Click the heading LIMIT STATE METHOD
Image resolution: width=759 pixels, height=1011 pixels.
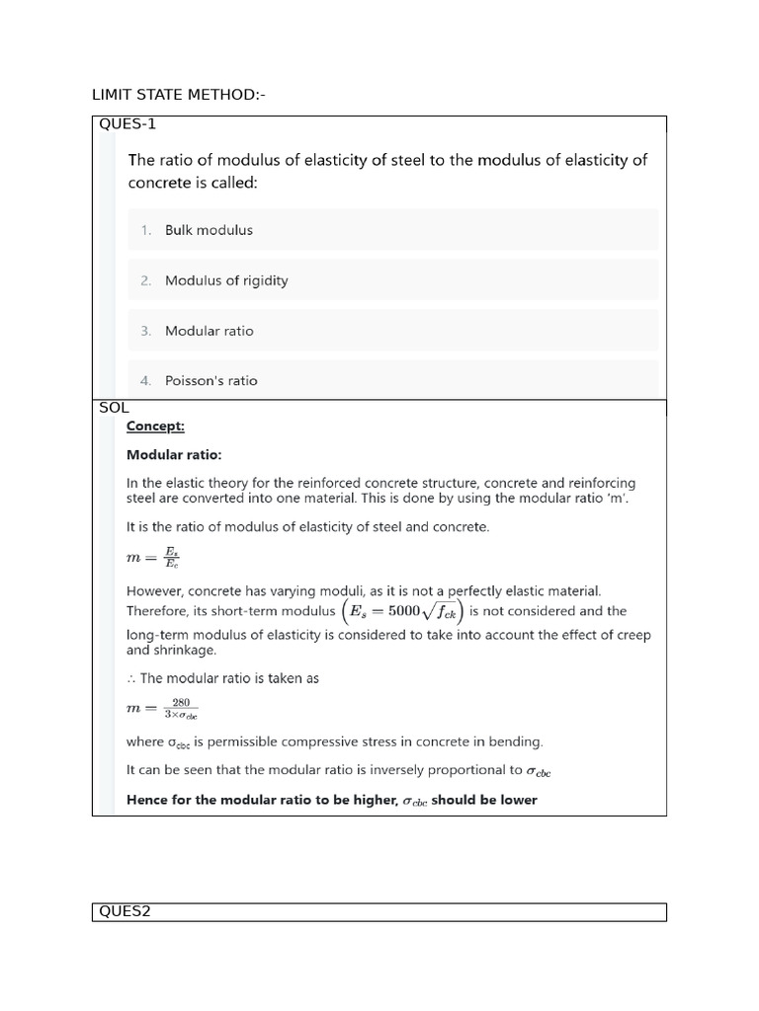(x=178, y=95)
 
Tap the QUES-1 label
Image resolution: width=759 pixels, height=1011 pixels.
(x=126, y=124)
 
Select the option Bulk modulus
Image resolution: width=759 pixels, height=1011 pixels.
(x=209, y=230)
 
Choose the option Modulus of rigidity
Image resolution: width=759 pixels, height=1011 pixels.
(x=226, y=280)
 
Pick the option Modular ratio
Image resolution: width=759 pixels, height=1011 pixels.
(x=209, y=331)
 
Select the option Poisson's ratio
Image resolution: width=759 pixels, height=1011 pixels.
(x=211, y=380)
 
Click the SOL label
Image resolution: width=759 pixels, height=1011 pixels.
(x=114, y=408)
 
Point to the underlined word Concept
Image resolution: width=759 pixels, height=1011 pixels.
(x=155, y=427)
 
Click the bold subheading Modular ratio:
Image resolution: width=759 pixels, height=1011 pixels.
(x=174, y=455)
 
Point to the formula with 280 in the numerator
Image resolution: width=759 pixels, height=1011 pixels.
(x=162, y=709)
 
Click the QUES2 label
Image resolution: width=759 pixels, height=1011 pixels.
(x=124, y=912)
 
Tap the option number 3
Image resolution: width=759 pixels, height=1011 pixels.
(x=145, y=331)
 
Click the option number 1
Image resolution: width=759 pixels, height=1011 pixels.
(x=145, y=230)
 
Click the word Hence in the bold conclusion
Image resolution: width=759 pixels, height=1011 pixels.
(x=146, y=800)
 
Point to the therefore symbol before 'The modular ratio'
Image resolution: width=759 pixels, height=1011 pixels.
(x=131, y=678)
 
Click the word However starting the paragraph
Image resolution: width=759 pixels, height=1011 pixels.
(x=157, y=590)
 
